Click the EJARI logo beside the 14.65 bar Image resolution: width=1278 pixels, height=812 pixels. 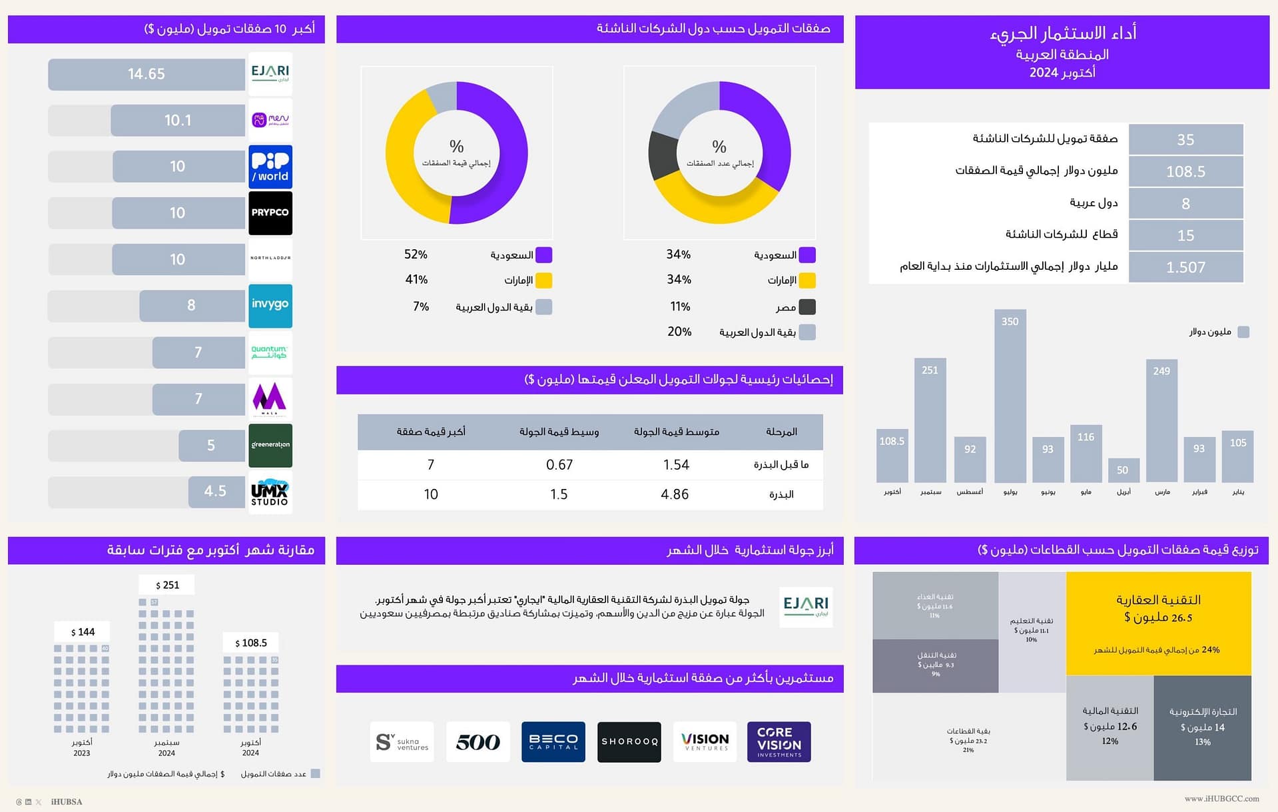click(270, 74)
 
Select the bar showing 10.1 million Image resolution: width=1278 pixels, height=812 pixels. click(178, 121)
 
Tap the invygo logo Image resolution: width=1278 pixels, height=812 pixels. click(270, 306)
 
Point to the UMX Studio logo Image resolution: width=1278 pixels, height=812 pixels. click(270, 492)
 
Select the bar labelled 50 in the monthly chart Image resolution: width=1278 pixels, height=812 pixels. click(1123, 470)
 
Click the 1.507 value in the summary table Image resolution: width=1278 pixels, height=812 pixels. click(1185, 268)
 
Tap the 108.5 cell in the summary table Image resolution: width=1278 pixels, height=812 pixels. click(1185, 172)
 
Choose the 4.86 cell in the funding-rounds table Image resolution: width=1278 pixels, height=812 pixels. click(675, 494)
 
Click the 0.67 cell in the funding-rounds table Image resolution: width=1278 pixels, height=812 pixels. click(559, 465)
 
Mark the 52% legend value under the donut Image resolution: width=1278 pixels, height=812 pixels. click(416, 254)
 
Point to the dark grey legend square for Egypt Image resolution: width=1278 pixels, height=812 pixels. click(807, 307)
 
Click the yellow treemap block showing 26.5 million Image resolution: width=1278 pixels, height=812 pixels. click(1158, 623)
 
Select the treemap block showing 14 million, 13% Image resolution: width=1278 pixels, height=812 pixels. click(1202, 727)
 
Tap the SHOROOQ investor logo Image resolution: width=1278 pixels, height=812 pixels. click(629, 741)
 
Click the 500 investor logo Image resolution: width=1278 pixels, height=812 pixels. click(478, 741)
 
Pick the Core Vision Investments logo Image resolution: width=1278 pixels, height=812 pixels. click(779, 741)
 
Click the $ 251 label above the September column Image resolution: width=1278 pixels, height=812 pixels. click(166, 585)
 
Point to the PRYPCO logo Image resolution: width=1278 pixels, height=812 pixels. click(270, 213)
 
